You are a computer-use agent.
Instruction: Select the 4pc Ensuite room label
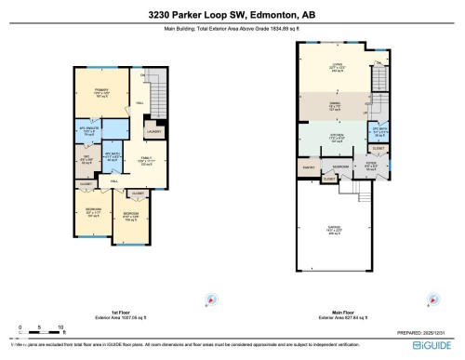tap(90, 131)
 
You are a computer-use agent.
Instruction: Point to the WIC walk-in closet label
tap(85, 157)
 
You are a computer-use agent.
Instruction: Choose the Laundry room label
tap(153, 132)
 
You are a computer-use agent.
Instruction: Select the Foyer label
tap(369, 167)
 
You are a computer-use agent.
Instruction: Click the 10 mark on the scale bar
tap(60, 327)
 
